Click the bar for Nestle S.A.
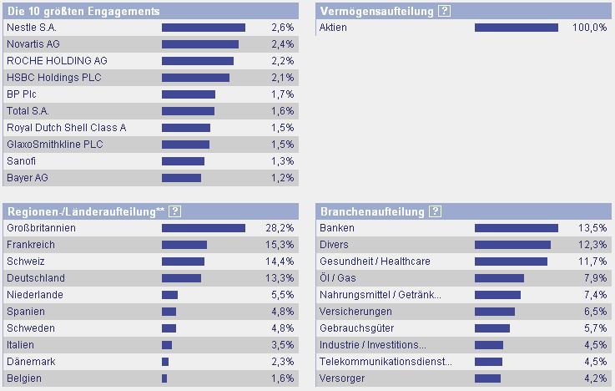pos(203,28)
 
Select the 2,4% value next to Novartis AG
pos(283,44)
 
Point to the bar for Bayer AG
pos(181,178)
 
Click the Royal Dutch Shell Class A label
pos(66,128)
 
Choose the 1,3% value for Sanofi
pos(283,161)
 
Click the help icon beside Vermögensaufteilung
pos(444,11)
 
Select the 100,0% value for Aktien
pos(589,28)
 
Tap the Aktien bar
pos(516,28)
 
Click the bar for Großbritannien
pos(203,228)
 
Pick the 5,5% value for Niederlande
pos(283,295)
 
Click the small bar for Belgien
pos(164,378)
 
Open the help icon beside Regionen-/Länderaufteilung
pos(174,211)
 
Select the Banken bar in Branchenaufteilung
pos(516,228)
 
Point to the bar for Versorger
pos(488,378)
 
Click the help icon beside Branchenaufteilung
pos(435,211)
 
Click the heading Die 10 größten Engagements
pos(83,11)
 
